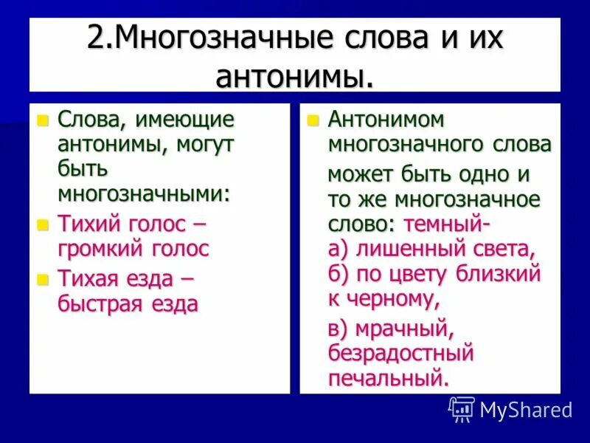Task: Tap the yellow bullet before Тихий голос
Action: click(x=43, y=224)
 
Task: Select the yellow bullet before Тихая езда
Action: click(x=43, y=279)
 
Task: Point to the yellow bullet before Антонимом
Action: click(x=313, y=120)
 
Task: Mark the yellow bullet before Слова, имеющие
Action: click(x=43, y=120)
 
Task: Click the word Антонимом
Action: click(x=386, y=120)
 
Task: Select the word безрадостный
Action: click(x=400, y=354)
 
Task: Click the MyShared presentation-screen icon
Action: click(x=462, y=408)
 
